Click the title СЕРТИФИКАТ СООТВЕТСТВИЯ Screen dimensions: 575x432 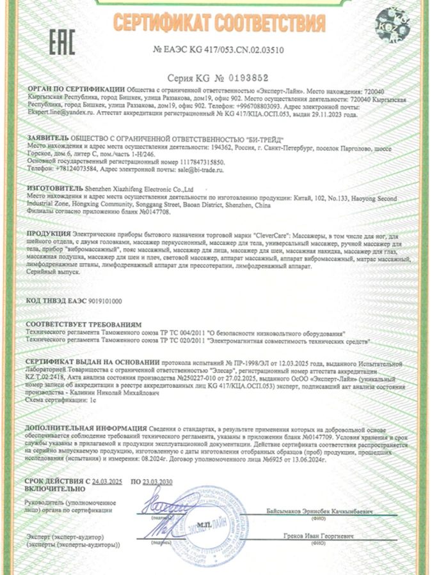click(220, 24)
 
